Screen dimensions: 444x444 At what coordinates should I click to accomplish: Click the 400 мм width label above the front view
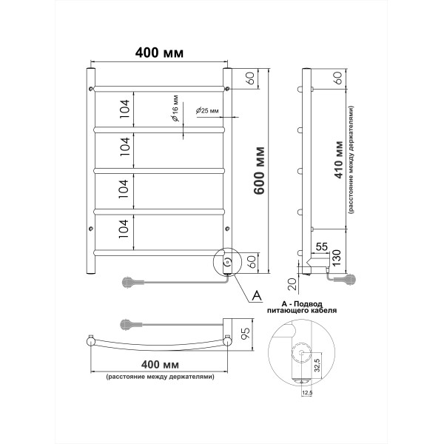click(159, 53)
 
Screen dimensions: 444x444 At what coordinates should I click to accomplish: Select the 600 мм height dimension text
click(260, 172)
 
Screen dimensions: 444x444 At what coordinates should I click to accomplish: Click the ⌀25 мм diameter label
click(207, 110)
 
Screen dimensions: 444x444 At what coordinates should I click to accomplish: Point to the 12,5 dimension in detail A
click(307, 394)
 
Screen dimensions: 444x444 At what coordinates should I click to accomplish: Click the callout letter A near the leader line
click(257, 296)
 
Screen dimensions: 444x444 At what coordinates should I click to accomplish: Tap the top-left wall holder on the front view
click(91, 88)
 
